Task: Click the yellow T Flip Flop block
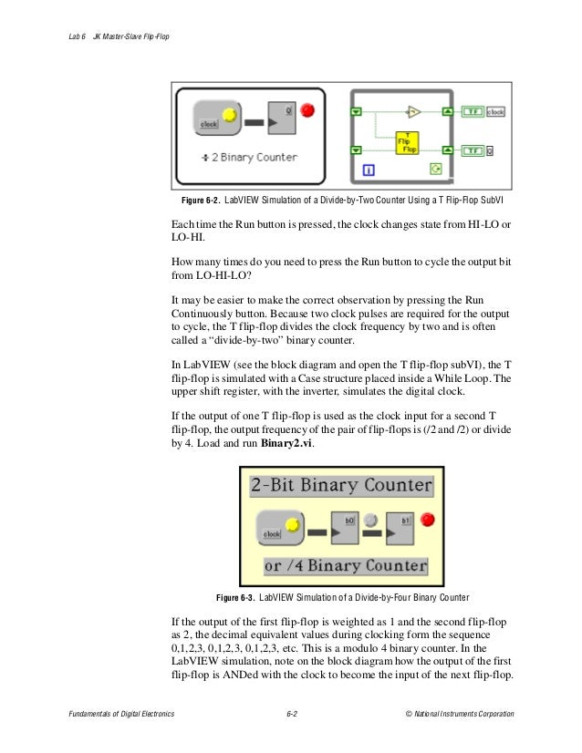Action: pos(406,143)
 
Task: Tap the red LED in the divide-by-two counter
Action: pos(307,110)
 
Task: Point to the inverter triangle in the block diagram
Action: pos(412,113)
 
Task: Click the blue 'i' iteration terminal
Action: pos(369,169)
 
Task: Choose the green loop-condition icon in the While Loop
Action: pos(436,169)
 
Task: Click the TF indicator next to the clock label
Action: pos(472,112)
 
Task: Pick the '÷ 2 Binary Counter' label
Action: pos(249,157)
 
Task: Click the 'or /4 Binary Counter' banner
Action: pos(345,565)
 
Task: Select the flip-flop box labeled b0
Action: pos(344,525)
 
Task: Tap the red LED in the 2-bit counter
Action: pos(427,520)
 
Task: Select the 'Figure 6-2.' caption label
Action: pos(202,200)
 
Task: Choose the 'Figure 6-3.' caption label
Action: pos(235,598)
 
